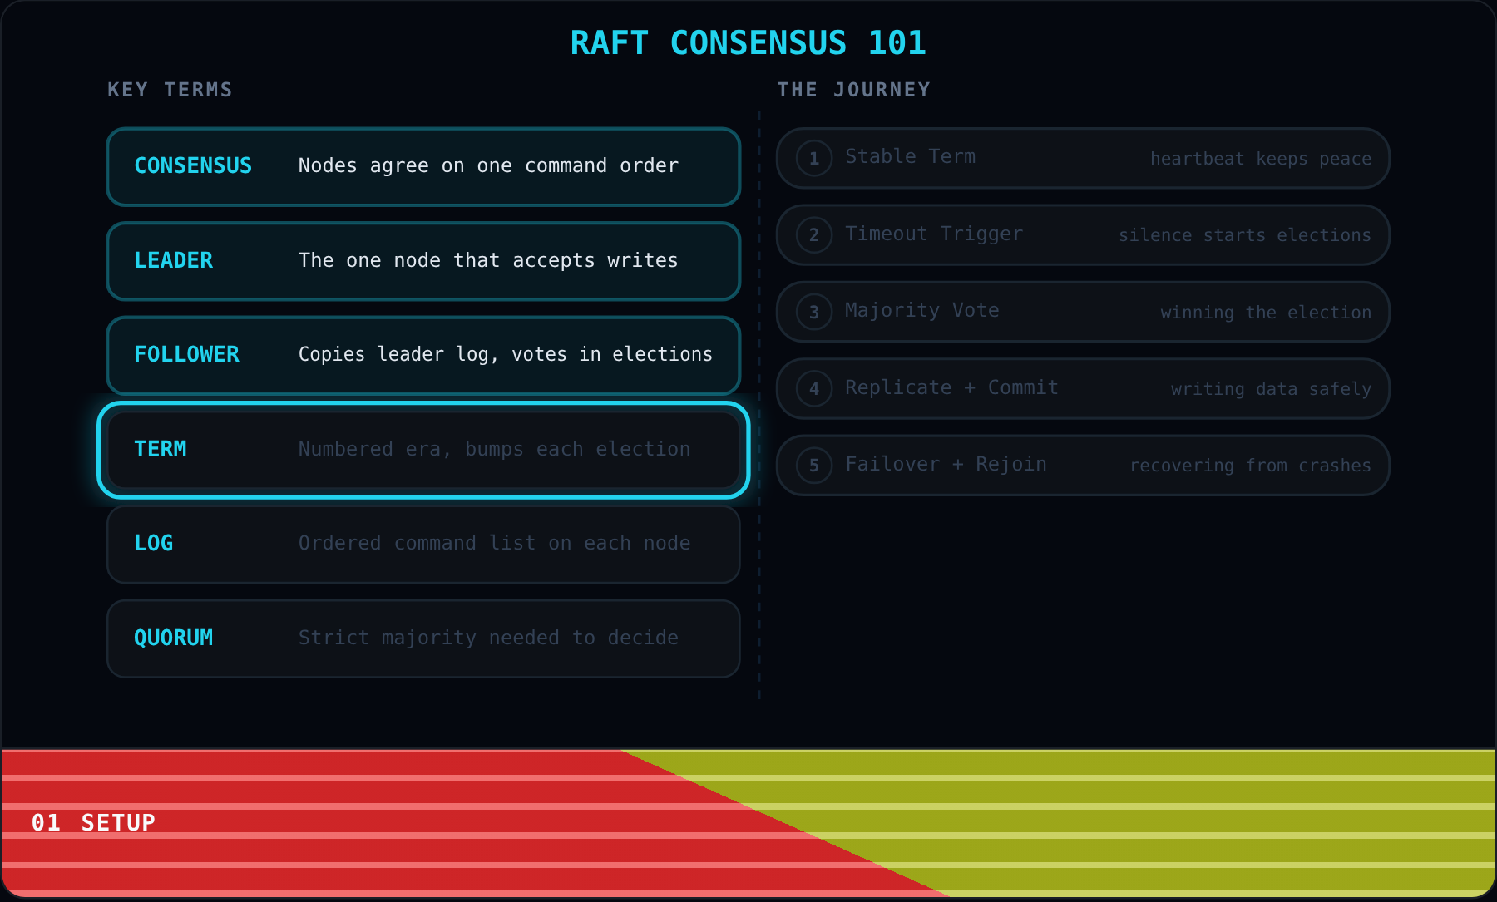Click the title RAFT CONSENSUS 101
pos(748,43)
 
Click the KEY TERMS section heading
pos(170,90)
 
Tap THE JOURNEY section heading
pos(853,90)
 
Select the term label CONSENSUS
pos(193,166)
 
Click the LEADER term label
pos(174,261)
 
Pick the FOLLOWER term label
pos(186,355)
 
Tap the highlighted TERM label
pos(161,450)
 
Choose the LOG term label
pos(154,544)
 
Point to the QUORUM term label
pos(174,638)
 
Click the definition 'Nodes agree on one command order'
pos(488,166)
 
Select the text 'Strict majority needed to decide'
pos(488,638)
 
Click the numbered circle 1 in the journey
pos(814,158)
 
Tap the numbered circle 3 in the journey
pos(814,312)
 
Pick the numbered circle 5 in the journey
pos(814,466)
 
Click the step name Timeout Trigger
pos(934,234)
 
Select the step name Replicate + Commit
pos(951,388)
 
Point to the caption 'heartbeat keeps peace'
pos(1261,159)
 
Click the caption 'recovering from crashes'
pos(1250,466)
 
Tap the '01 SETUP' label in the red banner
pos(93,823)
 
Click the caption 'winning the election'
pos(1266,313)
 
